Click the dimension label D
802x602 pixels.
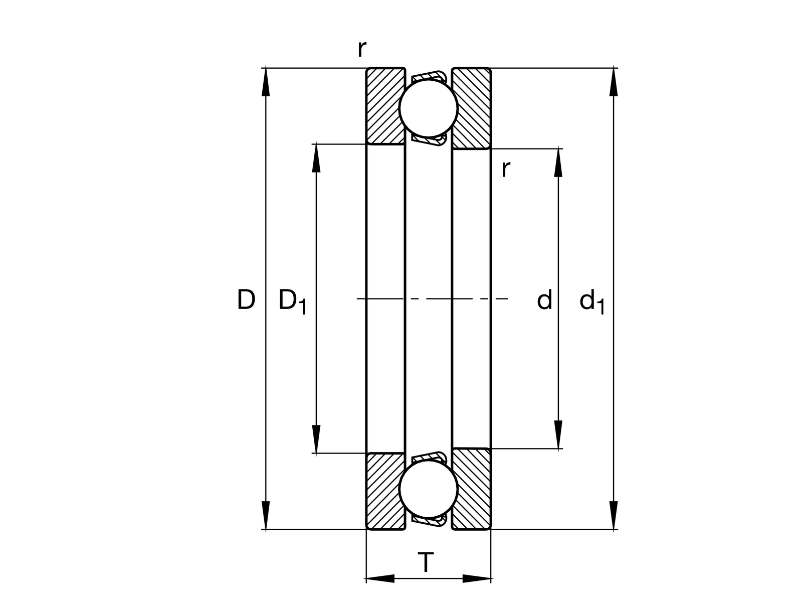click(246, 299)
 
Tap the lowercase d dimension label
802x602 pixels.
click(544, 299)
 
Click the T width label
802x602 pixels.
click(426, 563)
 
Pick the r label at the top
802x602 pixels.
click(361, 49)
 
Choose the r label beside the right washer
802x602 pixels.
click(505, 170)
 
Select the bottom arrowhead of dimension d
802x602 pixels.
click(558, 434)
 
